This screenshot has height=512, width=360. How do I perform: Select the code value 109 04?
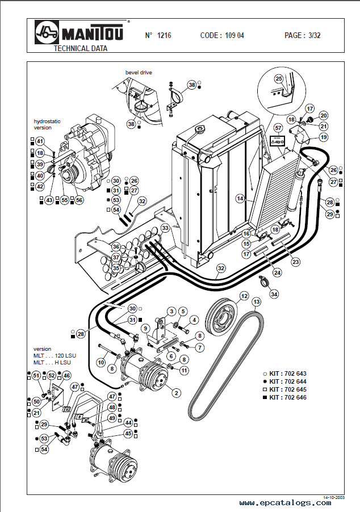(x=234, y=35)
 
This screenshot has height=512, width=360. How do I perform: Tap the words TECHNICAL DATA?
(x=80, y=48)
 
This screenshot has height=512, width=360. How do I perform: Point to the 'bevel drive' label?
(x=139, y=73)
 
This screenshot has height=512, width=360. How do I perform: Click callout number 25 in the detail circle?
(x=279, y=79)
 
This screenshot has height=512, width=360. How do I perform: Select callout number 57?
(x=278, y=128)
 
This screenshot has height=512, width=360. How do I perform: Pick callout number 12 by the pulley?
(x=244, y=296)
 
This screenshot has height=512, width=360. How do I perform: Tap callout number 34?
(x=274, y=294)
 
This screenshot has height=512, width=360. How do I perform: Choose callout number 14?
(x=240, y=199)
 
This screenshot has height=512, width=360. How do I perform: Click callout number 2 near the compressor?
(x=176, y=393)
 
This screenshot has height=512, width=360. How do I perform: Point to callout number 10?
(x=101, y=362)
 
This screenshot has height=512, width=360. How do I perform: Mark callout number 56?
(x=78, y=200)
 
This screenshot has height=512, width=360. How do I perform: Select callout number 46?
(x=66, y=376)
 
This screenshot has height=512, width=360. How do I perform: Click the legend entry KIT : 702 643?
(x=287, y=374)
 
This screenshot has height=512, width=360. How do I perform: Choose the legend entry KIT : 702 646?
(x=287, y=398)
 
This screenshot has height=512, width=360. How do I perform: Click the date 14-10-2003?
(x=334, y=497)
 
